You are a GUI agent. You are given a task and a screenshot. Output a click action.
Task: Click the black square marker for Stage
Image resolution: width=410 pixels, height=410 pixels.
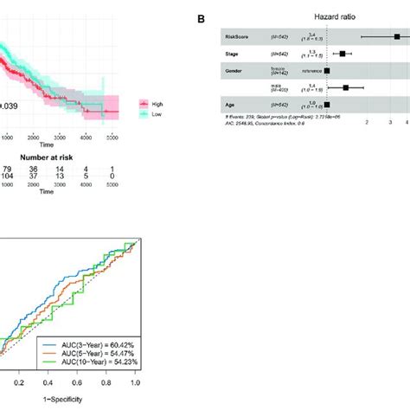tap(343, 54)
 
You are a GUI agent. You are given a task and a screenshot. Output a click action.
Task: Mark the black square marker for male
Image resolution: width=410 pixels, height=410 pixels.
tap(346, 87)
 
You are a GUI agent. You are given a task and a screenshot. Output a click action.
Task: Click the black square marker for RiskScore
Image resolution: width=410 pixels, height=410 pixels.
tap(396, 37)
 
